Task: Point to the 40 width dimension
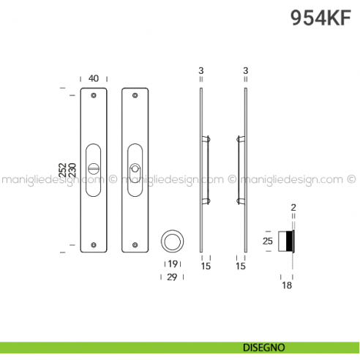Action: click(94, 78)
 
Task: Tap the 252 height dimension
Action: click(62, 170)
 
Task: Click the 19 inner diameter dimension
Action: click(173, 264)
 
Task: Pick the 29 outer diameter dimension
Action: click(173, 277)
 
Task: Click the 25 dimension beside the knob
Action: click(269, 240)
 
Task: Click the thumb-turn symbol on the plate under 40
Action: click(94, 168)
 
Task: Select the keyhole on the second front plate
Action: click(135, 169)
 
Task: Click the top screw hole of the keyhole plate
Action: click(135, 95)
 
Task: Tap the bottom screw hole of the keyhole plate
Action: click(135, 245)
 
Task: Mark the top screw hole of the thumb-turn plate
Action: click(94, 95)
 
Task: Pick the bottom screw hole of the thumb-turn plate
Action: click(94, 245)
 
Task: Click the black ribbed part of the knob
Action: click(291, 240)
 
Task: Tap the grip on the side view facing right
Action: click(208, 168)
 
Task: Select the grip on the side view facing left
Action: click(239, 168)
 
